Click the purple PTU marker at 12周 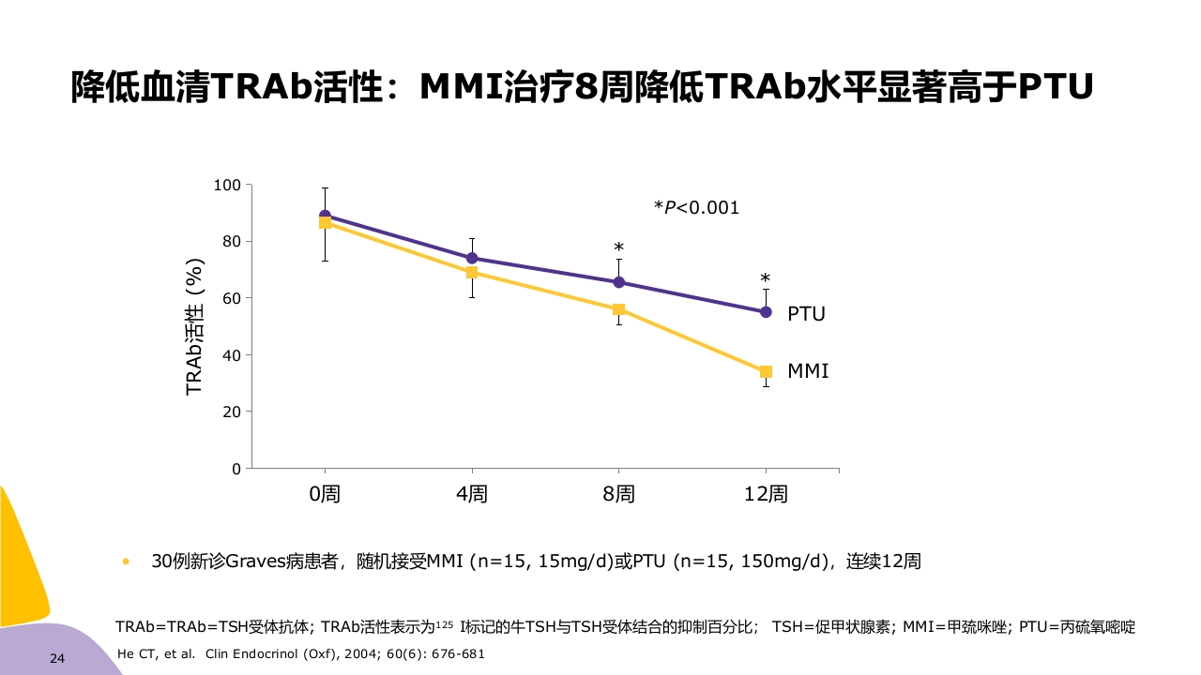766,312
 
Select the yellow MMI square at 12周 766,371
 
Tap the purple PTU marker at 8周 618,282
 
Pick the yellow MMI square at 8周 618,309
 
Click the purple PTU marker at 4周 472,258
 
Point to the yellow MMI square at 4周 472,272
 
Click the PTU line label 806,314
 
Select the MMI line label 808,371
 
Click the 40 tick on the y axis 232,355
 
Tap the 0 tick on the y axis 236,469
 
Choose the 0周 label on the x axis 326,494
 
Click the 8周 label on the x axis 618,494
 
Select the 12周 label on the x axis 766,494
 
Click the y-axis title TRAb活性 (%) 194,327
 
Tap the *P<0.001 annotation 696,208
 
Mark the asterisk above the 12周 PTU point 766,278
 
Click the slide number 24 57,659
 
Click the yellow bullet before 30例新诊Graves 126,562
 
